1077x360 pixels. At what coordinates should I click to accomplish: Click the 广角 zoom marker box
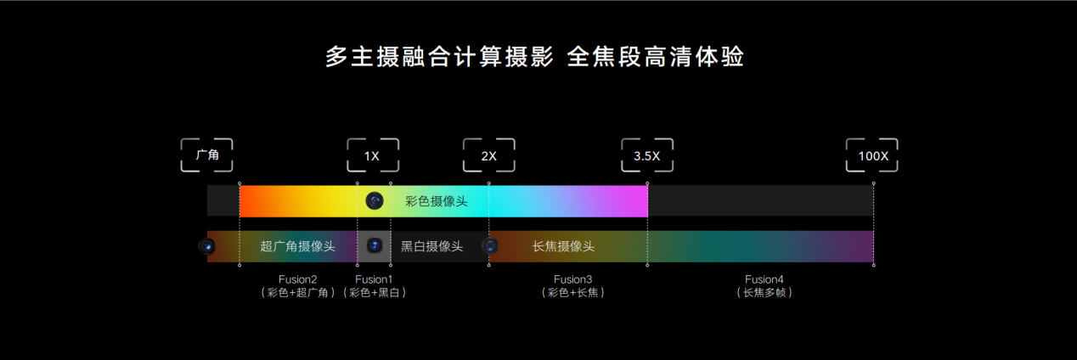point(207,155)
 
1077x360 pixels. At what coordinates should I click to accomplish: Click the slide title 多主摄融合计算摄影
point(439,57)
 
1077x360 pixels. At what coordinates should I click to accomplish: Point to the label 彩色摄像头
point(436,201)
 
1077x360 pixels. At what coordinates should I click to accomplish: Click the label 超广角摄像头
point(297,246)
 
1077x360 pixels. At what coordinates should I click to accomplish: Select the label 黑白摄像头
point(431,246)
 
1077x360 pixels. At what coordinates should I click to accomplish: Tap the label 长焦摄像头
point(563,246)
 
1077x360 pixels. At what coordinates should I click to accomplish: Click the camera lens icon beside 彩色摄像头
point(375,201)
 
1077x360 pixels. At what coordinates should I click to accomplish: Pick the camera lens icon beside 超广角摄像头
point(207,246)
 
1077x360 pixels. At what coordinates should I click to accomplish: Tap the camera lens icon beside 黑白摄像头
point(375,246)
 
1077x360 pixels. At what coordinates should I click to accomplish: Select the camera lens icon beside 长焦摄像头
point(490,246)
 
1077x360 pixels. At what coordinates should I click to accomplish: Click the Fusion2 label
point(297,279)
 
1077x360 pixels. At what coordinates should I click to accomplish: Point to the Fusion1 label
point(375,279)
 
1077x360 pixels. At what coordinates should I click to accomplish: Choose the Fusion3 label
point(572,279)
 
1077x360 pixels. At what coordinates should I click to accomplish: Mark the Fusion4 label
point(764,279)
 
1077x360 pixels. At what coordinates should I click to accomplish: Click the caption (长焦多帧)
point(764,293)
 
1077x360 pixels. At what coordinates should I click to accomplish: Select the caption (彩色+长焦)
point(572,293)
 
